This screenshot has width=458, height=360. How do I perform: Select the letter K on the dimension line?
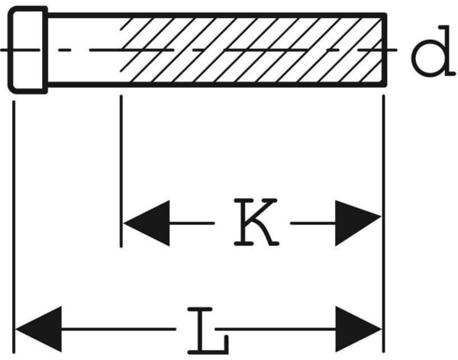(x=256, y=223)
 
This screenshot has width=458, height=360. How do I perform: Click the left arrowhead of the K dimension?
(x=147, y=223)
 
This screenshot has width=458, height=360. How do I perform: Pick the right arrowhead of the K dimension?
(x=357, y=223)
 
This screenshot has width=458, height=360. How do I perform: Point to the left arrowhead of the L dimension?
(x=38, y=330)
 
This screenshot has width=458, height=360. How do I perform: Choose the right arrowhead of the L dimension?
(x=357, y=330)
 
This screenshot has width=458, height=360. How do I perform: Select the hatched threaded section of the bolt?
(x=252, y=50)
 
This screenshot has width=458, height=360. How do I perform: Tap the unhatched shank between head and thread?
(x=82, y=50)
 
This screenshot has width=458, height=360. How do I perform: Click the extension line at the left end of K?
(x=121, y=168)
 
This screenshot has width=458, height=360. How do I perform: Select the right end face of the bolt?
(x=383, y=50)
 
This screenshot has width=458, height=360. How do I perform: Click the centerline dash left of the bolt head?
(x=5, y=50)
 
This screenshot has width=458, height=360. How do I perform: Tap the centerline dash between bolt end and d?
(x=393, y=50)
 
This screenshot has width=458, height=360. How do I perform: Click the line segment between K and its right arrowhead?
(x=311, y=223)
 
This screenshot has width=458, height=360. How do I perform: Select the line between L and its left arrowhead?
(x=122, y=330)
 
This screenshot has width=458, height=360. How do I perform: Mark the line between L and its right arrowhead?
(x=279, y=330)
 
